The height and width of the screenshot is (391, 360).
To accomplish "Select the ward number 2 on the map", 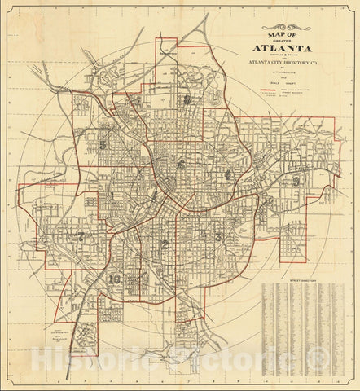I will click(x=165, y=244).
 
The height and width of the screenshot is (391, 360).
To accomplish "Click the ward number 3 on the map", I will click(x=217, y=237).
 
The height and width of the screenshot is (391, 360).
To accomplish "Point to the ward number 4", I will click(x=229, y=174).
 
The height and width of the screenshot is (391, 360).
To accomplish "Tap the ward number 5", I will click(x=103, y=146).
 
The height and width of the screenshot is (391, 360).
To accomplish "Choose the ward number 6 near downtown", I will click(x=182, y=165).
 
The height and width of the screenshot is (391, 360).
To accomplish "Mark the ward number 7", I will click(x=81, y=236).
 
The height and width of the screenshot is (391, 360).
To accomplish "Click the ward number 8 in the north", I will click(x=187, y=101).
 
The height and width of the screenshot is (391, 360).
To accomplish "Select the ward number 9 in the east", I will click(x=296, y=181).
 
